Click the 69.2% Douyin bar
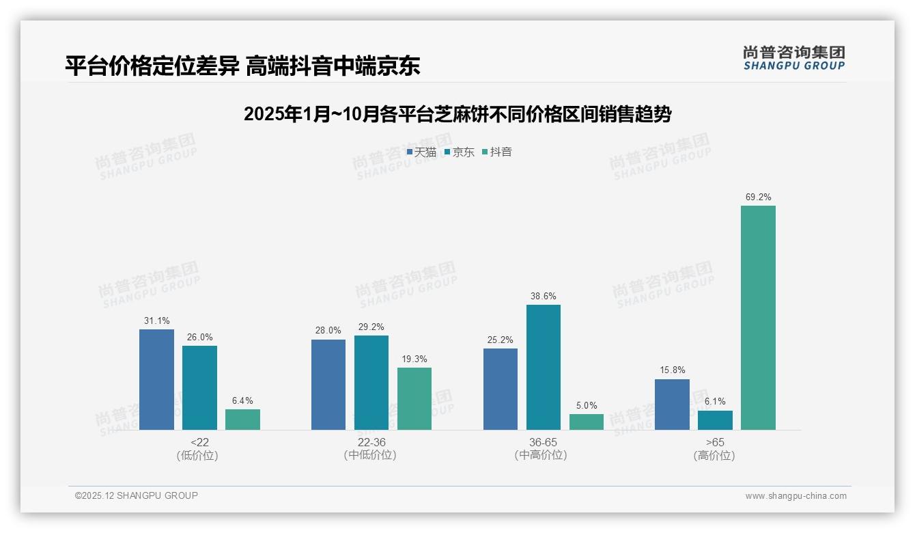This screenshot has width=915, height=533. pyautogui.click(x=758, y=318)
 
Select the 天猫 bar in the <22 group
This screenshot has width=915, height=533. pyautogui.click(x=156, y=379)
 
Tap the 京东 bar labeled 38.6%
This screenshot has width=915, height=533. pyautogui.click(x=544, y=367)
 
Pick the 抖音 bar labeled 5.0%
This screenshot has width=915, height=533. pyautogui.click(x=587, y=422)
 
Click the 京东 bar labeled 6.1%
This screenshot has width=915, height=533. pyautogui.click(x=715, y=420)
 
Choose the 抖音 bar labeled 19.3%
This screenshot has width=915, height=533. pyautogui.click(x=414, y=398)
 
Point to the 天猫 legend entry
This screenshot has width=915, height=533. pyautogui.click(x=421, y=152)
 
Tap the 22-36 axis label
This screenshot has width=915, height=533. pyautogui.click(x=371, y=442)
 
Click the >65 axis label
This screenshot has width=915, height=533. pyautogui.click(x=715, y=442)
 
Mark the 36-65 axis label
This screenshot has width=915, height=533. pyautogui.click(x=543, y=442)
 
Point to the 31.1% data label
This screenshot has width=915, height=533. pyautogui.click(x=156, y=320)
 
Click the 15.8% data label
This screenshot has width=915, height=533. pyautogui.click(x=672, y=370)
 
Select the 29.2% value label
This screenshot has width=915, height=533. pyautogui.click(x=371, y=327)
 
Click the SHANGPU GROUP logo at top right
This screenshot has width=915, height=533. pyautogui.click(x=793, y=58)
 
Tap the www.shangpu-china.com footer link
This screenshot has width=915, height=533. pyautogui.click(x=796, y=496)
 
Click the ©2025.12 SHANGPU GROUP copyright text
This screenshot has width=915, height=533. pyautogui.click(x=137, y=495)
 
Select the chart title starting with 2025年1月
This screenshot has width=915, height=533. pyautogui.click(x=457, y=114)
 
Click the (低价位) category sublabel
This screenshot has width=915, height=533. pyautogui.click(x=197, y=455)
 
